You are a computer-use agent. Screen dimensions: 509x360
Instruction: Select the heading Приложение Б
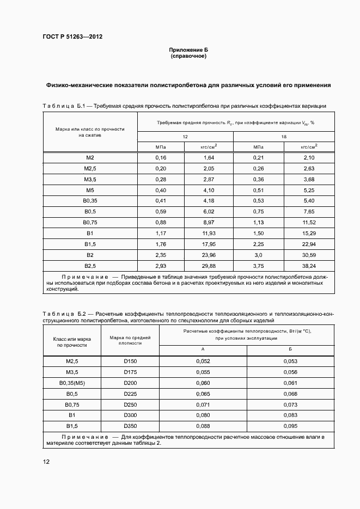(x=188, y=50)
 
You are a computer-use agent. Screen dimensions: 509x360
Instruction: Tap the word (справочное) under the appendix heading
(x=188, y=56)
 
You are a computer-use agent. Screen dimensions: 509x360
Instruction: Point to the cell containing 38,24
(x=309, y=266)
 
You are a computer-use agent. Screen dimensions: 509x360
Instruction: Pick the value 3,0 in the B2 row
(x=258, y=255)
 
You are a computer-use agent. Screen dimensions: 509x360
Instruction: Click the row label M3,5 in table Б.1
(x=90, y=179)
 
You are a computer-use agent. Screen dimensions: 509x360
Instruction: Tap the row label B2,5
(x=90, y=266)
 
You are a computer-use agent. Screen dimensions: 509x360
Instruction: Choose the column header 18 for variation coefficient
(x=284, y=137)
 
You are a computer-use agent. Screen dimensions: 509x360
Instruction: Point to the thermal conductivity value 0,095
(x=291, y=426)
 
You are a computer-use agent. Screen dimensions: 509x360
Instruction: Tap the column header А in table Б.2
(x=203, y=349)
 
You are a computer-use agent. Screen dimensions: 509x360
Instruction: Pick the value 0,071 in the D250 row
(x=203, y=404)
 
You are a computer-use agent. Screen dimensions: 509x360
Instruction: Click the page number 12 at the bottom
(x=46, y=462)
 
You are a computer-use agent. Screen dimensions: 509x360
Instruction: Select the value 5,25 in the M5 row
(x=309, y=190)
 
